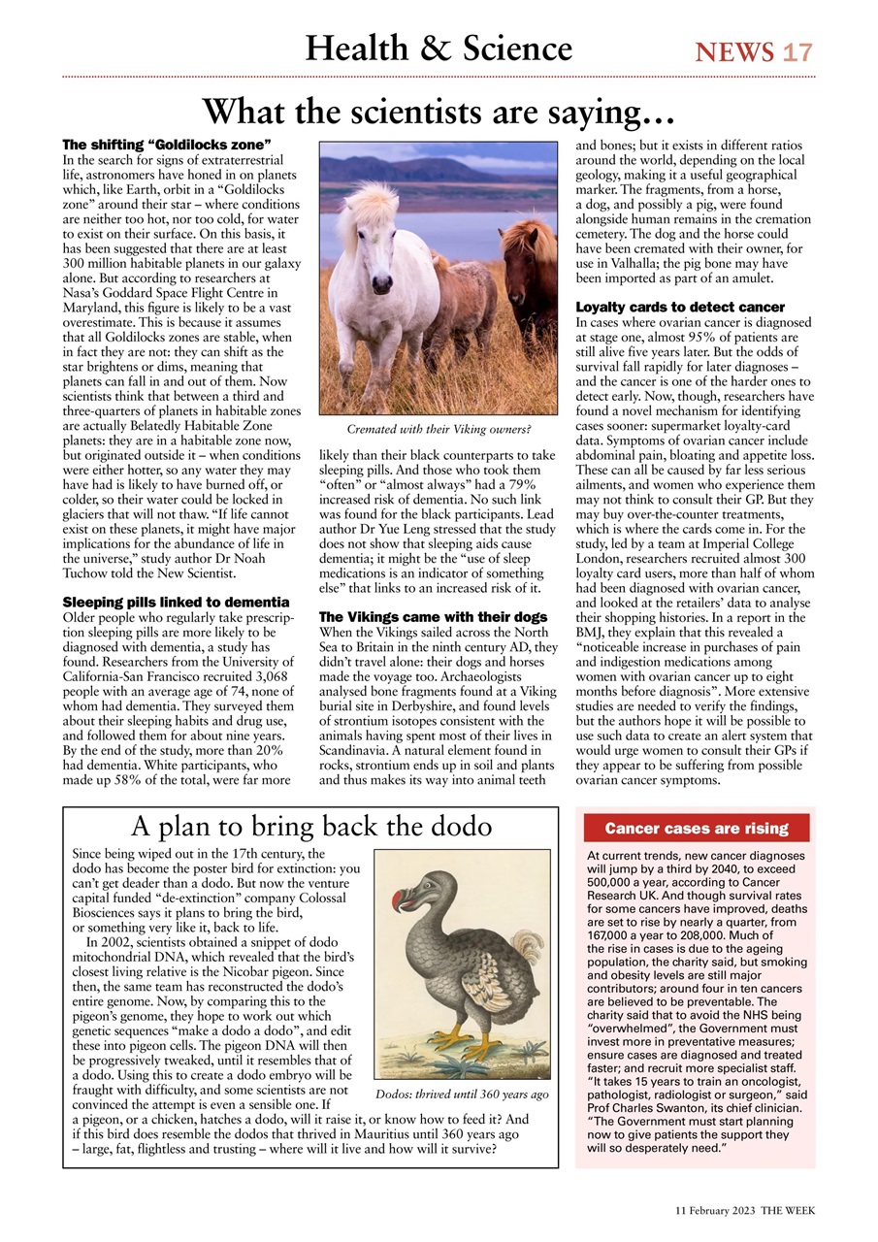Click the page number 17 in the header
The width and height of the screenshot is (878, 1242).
797,52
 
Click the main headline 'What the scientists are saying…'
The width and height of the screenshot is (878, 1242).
439,113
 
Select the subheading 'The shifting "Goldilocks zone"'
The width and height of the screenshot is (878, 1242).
166,145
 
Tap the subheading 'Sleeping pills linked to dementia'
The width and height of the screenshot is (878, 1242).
175,603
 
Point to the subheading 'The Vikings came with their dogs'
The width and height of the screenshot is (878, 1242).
427,616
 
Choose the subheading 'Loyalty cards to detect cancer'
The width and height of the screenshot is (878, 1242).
680,308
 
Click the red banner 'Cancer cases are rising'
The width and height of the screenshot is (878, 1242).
696,829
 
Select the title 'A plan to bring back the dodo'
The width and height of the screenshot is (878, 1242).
310,827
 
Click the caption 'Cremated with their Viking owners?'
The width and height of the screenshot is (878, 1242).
439,428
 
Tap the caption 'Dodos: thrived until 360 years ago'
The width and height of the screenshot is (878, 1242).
462,1095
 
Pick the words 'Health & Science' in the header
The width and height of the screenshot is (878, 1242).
439,49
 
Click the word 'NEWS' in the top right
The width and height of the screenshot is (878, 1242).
734,52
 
